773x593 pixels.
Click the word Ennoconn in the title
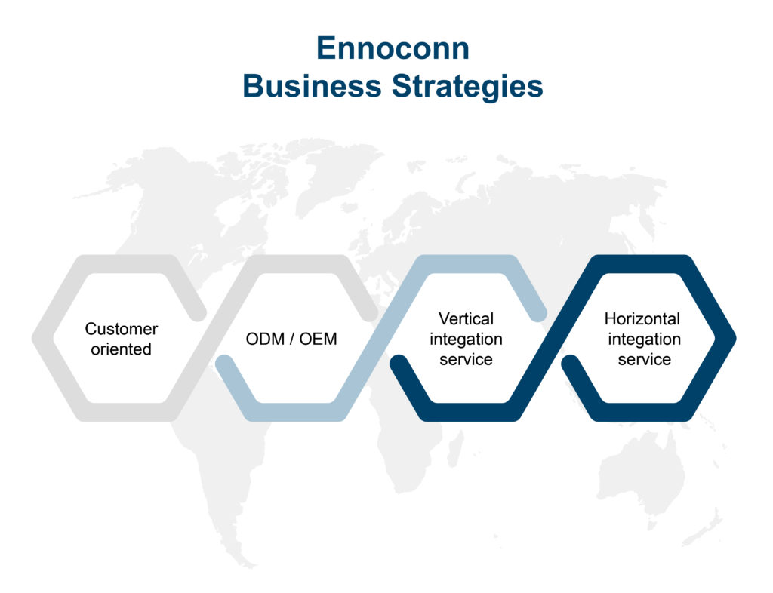click(x=393, y=48)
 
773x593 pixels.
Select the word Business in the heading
click(x=312, y=86)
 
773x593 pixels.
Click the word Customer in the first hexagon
click(x=122, y=328)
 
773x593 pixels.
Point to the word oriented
click(x=122, y=349)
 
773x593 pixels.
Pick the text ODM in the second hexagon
click(x=265, y=339)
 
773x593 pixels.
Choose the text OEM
click(x=318, y=339)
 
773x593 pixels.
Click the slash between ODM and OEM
click(x=292, y=339)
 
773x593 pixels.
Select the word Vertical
click(x=466, y=318)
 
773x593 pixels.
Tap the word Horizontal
click(x=642, y=318)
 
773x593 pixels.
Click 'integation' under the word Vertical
click(x=466, y=340)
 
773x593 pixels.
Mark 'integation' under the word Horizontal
click(x=645, y=340)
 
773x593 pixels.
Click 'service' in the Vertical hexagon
click(x=466, y=360)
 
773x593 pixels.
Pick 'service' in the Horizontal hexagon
click(x=645, y=360)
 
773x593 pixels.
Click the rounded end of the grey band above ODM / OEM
click(x=369, y=312)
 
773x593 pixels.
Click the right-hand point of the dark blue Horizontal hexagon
click(x=735, y=338)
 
